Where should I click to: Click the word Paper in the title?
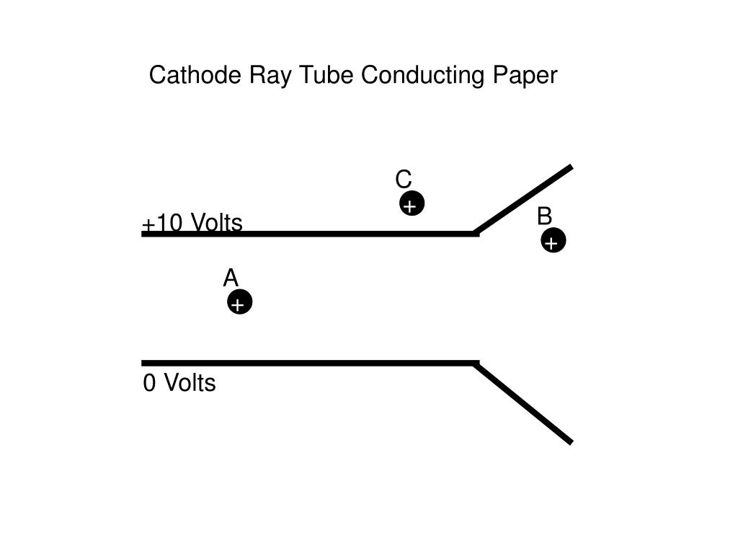tap(525, 76)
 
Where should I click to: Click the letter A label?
tap(231, 278)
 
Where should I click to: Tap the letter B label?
tap(544, 216)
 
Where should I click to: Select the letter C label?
tap(404, 179)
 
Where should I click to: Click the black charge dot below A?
tap(240, 303)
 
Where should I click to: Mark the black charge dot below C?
tap(412, 204)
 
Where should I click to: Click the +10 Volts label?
tap(192, 224)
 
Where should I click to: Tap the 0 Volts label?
tap(179, 383)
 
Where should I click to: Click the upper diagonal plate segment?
tap(524, 200)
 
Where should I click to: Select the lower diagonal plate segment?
tap(524, 403)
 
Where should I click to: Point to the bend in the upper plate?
tap(476, 233)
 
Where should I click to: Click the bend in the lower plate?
tap(476, 364)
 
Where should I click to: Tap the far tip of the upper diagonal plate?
tap(571, 167)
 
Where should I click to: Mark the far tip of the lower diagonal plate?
tap(571, 441)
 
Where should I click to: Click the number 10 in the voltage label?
tap(169, 224)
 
